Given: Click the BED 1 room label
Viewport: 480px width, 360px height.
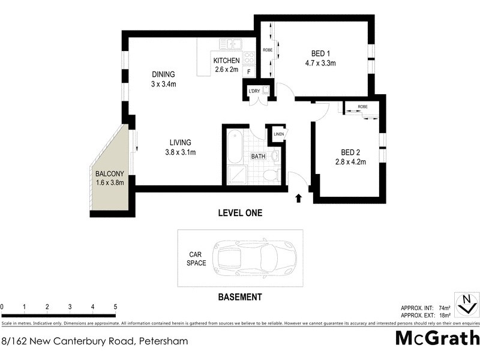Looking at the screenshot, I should pos(319,52).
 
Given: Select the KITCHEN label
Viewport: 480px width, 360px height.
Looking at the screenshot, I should pos(226,61).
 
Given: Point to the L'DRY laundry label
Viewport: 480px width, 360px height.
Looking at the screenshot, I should pos(254,91).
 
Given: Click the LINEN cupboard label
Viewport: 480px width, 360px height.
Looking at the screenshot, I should pos(278,134).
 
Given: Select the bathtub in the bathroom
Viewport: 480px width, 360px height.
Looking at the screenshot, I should pos(233,147).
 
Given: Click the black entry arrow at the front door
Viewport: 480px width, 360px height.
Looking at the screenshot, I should pos(299,198).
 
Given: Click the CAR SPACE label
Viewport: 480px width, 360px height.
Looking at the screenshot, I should pos(196,259).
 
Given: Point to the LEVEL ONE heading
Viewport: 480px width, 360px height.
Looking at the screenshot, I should pos(239,213).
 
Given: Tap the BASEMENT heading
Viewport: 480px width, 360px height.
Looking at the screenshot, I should pos(239,297).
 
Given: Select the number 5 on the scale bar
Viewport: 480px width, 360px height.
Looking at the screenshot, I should pos(115,307).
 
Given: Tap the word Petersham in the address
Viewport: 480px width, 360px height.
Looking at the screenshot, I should pos(163,341).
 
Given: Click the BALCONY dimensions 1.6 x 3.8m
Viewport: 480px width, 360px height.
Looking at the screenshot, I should pos(110,183).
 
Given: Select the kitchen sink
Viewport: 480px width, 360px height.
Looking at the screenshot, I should pos(230,44).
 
